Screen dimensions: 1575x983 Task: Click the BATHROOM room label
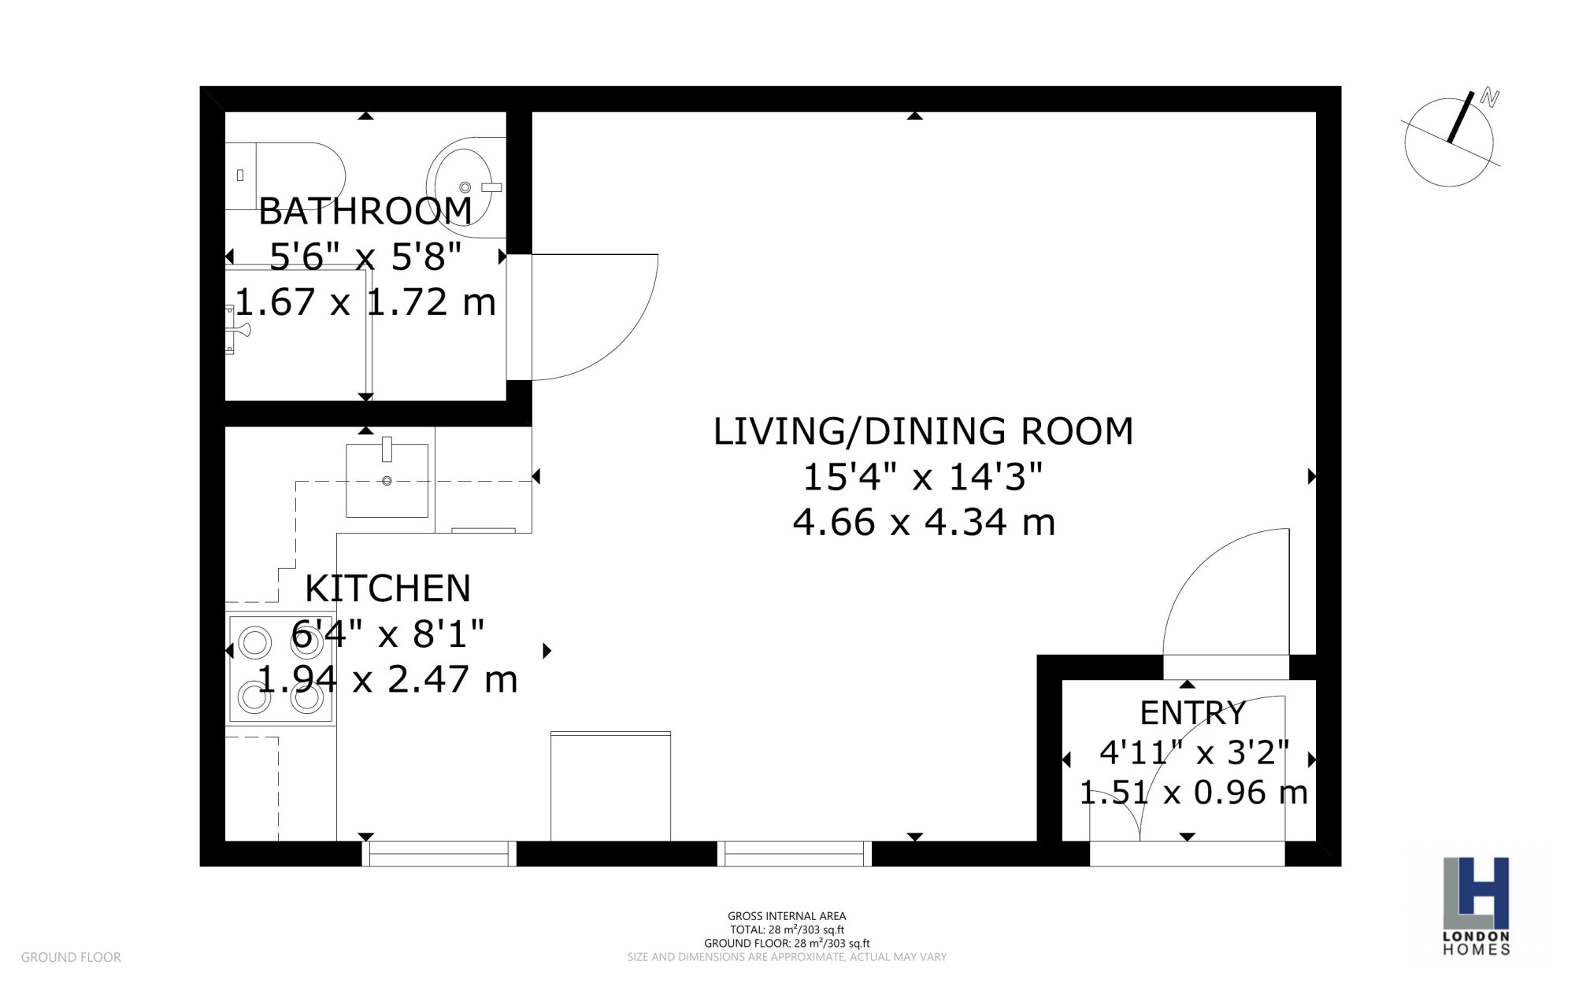365,211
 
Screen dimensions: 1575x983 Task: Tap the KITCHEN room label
387,589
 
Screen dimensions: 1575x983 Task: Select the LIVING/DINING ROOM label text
923,431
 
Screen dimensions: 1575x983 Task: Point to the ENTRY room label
1192,713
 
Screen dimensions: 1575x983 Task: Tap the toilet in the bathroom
285,176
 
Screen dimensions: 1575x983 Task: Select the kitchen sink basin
387,480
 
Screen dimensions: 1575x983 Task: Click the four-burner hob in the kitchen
281,669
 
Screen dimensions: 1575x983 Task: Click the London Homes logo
1476,906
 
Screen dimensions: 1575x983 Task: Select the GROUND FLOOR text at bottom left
71,957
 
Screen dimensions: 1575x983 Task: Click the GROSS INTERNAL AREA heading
787,916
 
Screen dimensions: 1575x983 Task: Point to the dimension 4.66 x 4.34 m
924,523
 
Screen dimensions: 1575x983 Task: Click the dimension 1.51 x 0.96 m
1193,793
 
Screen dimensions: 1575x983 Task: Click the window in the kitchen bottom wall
439,854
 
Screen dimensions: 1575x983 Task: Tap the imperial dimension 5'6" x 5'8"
365,257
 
